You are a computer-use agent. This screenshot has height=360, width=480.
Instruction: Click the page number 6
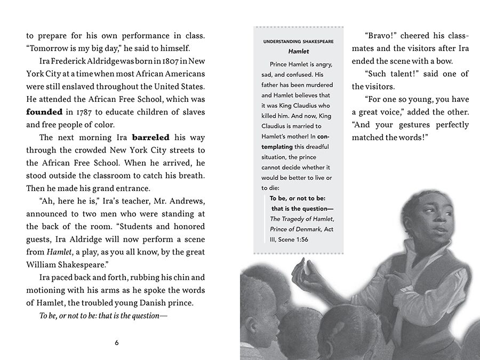[x=117, y=342]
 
